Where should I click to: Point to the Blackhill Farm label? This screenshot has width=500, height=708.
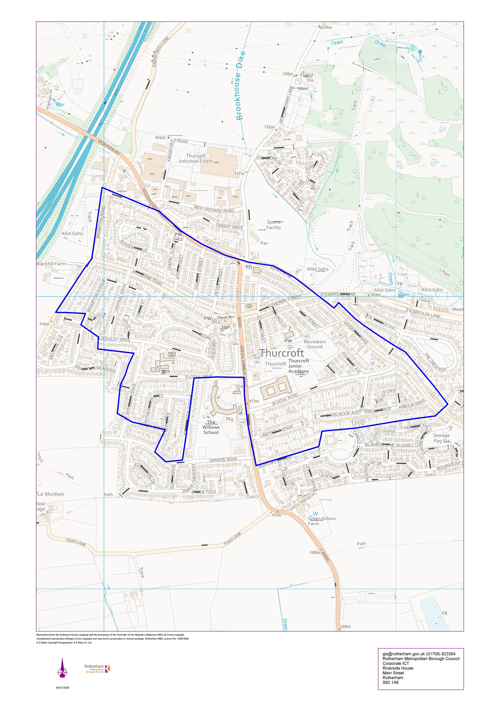(x=51, y=264)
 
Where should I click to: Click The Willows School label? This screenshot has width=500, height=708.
(x=211, y=427)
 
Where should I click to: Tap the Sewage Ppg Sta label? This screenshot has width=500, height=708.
(x=441, y=438)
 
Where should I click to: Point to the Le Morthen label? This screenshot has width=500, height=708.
(x=51, y=494)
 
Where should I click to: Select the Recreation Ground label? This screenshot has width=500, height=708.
(x=315, y=344)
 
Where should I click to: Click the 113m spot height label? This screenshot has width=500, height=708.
(x=254, y=401)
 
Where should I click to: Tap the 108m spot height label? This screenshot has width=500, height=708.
(x=315, y=553)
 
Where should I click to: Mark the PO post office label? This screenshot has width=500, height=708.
(x=249, y=267)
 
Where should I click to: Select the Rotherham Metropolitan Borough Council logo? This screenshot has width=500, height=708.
(x=97, y=669)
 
